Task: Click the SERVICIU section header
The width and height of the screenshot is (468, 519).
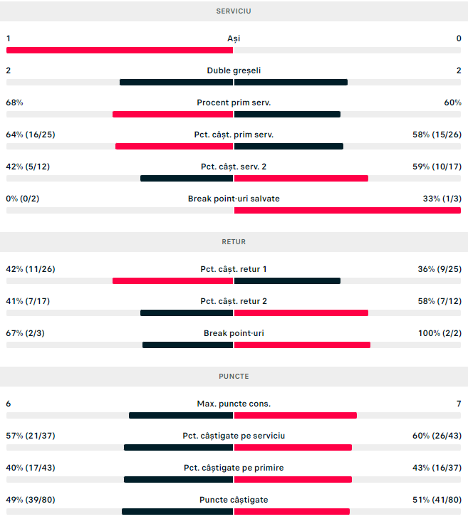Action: (234, 11)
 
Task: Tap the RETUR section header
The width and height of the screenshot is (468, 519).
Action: (234, 242)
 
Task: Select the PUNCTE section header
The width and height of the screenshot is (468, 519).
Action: (234, 376)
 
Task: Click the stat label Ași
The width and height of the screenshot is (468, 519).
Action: (234, 38)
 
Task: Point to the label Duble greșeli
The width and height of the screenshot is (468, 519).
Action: (234, 70)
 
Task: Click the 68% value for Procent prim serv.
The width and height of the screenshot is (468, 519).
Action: (14, 103)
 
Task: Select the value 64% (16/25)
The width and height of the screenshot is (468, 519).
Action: (31, 135)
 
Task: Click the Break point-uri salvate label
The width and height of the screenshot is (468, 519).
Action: (234, 199)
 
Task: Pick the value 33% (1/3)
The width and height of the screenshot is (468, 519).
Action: (442, 199)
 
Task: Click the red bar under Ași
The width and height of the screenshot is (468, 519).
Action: (120, 50)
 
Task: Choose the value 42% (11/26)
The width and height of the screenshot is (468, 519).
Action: (31, 269)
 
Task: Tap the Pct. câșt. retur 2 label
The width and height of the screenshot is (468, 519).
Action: (234, 301)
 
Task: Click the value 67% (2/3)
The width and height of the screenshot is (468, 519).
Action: (26, 333)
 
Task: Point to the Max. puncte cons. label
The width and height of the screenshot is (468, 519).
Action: (234, 404)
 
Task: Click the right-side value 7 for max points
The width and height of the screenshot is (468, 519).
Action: (459, 404)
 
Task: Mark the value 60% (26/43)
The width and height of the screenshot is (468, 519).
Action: (437, 436)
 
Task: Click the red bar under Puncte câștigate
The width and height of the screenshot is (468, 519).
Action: (292, 511)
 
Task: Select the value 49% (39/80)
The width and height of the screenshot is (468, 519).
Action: (31, 500)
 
